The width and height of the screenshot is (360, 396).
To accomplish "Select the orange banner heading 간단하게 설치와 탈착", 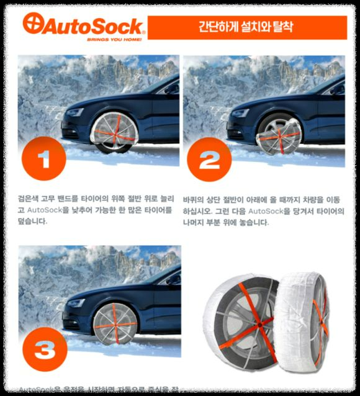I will (x=247, y=27).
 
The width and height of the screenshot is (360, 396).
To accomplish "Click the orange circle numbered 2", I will (x=210, y=160).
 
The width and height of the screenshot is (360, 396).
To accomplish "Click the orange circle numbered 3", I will (x=44, y=349).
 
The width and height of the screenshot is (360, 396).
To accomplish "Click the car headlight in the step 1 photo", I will (x=74, y=112).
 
